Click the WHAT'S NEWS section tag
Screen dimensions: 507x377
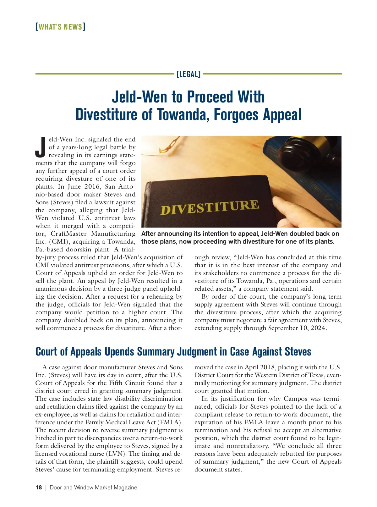[60, 27]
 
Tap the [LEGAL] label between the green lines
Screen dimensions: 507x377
[188, 74]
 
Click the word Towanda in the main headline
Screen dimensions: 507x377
[183, 114]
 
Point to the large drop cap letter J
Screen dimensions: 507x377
[41, 147]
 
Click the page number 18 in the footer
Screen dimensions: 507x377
[39, 488]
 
